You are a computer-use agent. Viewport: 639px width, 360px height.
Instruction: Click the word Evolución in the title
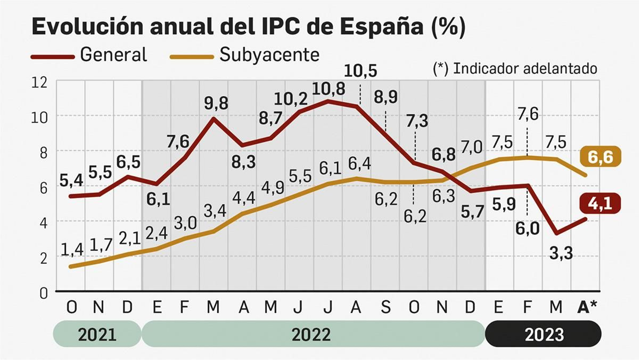87,27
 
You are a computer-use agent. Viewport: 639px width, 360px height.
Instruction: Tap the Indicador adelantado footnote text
515,69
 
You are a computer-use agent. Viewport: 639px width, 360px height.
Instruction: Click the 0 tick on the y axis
43,293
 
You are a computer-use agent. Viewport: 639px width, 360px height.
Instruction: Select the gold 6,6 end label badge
600,157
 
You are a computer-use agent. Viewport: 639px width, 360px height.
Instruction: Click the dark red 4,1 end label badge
600,203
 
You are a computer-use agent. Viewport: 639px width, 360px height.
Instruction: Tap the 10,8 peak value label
328,89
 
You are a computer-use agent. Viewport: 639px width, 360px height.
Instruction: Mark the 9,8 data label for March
216,103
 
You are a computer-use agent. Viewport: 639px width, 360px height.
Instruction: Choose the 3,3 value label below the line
561,253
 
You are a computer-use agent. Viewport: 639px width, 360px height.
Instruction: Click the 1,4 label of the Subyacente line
72,249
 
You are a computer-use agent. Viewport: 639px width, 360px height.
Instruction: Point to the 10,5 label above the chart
360,71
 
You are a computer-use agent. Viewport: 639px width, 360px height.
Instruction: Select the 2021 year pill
97,334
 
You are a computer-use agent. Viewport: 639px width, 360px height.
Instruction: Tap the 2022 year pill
312,334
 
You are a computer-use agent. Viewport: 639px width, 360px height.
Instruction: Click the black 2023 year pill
544,334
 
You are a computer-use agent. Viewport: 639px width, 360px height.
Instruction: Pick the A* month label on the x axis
587,307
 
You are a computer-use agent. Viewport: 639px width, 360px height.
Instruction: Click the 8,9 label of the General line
385,97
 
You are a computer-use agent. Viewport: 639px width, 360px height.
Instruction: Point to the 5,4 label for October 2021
71,181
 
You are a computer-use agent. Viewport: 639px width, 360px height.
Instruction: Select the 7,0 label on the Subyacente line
472,147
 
